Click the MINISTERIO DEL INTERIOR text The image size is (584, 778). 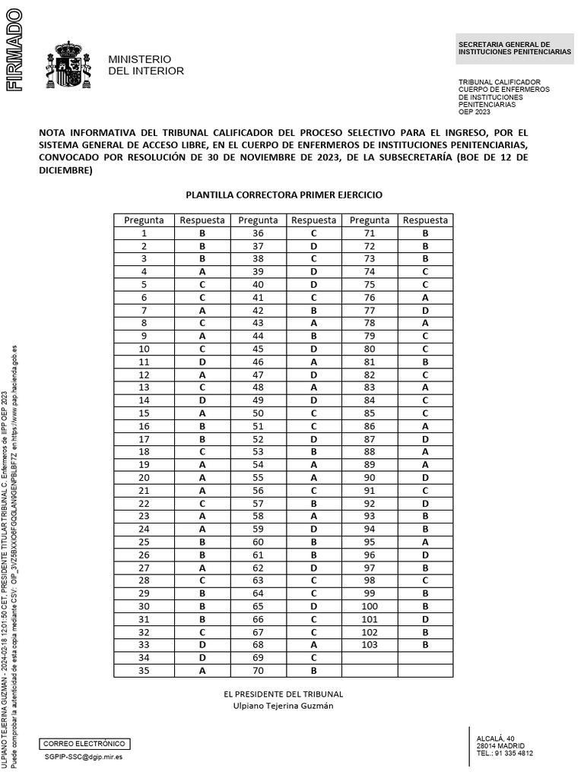coord(146,65)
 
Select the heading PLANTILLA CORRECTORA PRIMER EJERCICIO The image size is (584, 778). coord(284,194)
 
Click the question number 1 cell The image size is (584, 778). coord(144,233)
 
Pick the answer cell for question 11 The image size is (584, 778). coord(202,362)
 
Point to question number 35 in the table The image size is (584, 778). coord(144,671)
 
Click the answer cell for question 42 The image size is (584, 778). coord(313,311)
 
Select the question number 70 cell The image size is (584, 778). coord(258,671)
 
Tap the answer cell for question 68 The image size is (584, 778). coord(313,645)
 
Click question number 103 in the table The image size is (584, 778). coord(370,645)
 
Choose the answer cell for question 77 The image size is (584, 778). coord(426,311)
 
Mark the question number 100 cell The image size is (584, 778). coord(370,606)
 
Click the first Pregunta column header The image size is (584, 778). coord(144,220)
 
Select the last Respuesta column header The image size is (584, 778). coord(426,220)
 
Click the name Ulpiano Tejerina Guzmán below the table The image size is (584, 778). coord(284,706)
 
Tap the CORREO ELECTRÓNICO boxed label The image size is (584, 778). coord(84,744)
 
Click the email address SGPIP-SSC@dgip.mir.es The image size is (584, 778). coord(84,757)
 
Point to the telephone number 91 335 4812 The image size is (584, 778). coord(514,754)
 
